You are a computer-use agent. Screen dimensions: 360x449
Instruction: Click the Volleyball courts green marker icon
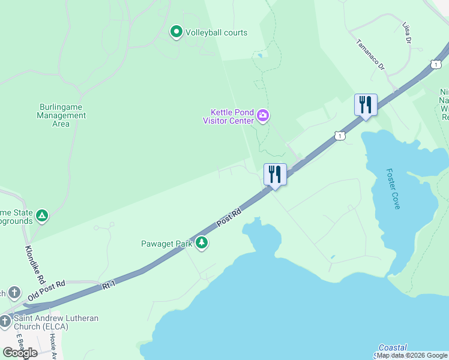tap(176, 32)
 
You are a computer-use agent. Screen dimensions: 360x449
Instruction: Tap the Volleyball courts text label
tap(216, 32)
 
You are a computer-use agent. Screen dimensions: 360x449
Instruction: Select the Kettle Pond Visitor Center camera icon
tap(263, 115)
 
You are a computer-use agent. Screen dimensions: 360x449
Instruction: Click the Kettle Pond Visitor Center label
tap(231, 116)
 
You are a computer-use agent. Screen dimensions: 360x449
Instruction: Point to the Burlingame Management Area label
tap(61, 115)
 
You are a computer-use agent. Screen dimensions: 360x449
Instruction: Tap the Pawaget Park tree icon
tap(202, 243)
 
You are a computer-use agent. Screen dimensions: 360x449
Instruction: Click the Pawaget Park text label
tap(166, 244)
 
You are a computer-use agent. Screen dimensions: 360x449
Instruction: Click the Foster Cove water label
tap(394, 188)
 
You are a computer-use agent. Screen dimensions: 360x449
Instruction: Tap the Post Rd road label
tap(229, 217)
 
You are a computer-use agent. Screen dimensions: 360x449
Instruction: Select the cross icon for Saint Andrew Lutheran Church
tap(5, 322)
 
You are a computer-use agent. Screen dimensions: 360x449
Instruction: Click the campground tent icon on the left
tap(41, 215)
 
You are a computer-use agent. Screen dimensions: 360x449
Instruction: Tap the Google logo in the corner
tap(20, 353)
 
